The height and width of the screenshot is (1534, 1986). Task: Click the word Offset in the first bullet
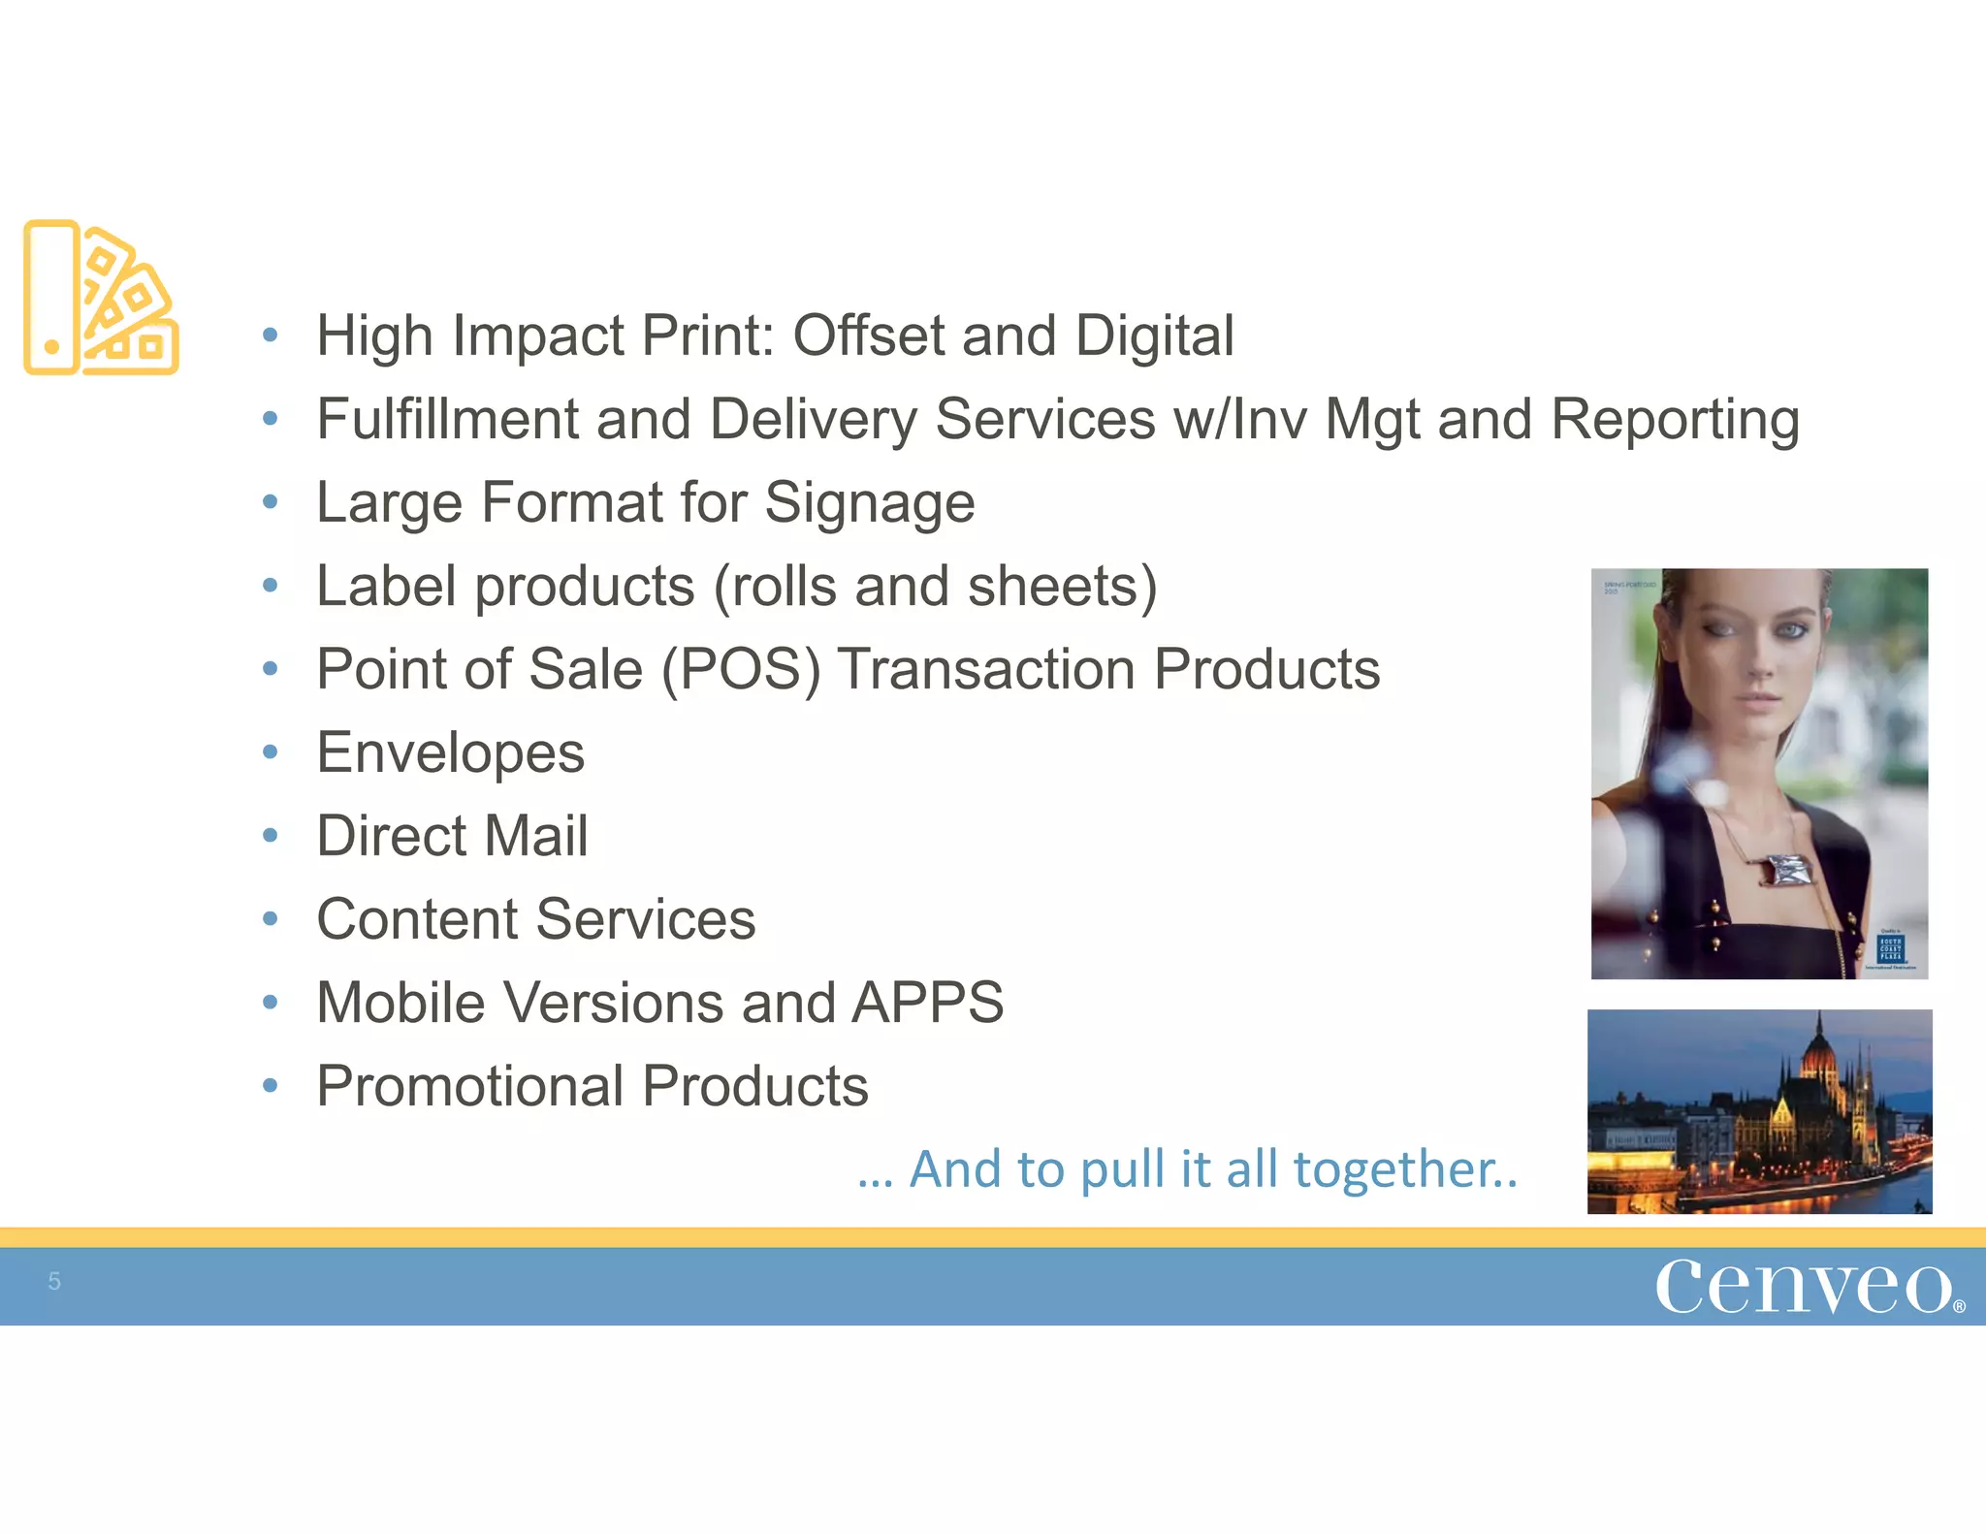pyautogui.click(x=868, y=336)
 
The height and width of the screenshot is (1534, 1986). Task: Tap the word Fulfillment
pyautogui.click(x=447, y=419)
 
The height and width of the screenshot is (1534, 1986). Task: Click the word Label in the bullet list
pyautogui.click(x=386, y=586)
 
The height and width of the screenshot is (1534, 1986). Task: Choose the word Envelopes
pyautogui.click(x=451, y=753)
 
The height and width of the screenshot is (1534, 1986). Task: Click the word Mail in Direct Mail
pyautogui.click(x=536, y=836)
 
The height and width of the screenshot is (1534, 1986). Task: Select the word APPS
pyautogui.click(x=927, y=1003)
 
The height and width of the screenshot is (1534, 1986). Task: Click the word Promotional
pyautogui.click(x=469, y=1086)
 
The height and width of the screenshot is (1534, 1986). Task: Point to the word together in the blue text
pyautogui.click(x=1405, y=1169)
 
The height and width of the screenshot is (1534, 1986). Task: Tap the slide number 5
pyautogui.click(x=54, y=1281)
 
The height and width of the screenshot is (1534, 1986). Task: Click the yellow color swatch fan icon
pyautogui.click(x=101, y=298)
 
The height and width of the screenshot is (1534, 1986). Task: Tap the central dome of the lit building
pyautogui.click(x=1819, y=1057)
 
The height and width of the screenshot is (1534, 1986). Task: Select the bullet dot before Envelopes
pyautogui.click(x=271, y=751)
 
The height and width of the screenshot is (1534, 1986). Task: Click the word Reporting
pyautogui.click(x=1675, y=419)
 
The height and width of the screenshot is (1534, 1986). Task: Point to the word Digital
pyautogui.click(x=1154, y=336)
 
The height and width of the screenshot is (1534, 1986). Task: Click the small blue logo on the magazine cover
pyautogui.click(x=1890, y=947)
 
